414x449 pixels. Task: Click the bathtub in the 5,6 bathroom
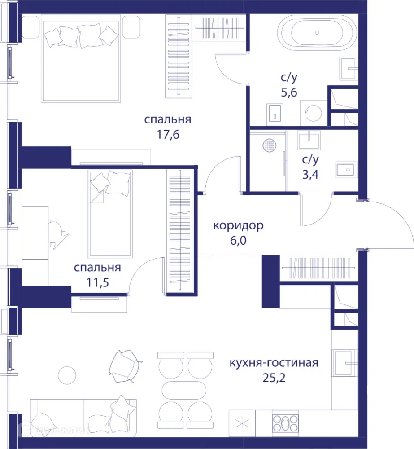coord(318,33)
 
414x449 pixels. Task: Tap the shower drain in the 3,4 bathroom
coord(270,145)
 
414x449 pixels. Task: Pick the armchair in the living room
coord(123,366)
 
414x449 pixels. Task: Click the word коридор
coord(238,225)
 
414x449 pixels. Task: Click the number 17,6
coord(168,134)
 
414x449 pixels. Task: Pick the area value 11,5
coord(97,282)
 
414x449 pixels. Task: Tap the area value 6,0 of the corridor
coord(238,240)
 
